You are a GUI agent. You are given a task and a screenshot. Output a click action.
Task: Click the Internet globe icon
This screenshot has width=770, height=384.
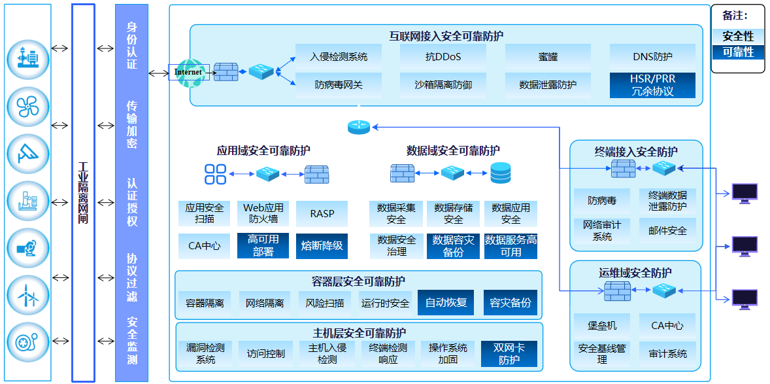(188, 71)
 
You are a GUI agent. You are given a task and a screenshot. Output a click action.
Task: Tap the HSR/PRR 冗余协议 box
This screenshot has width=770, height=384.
(652, 85)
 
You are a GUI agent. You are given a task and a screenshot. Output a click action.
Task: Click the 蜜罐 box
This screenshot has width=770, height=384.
(548, 57)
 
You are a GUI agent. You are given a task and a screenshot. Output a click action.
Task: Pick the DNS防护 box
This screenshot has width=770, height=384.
(652, 57)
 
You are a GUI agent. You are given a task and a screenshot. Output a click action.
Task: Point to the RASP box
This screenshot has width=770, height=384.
(322, 214)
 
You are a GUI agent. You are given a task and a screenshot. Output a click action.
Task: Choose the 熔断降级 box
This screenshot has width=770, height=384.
(322, 246)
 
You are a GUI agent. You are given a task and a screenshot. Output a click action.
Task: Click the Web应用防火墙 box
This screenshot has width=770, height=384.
(263, 214)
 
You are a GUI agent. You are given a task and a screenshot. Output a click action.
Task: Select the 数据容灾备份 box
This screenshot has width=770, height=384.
(453, 246)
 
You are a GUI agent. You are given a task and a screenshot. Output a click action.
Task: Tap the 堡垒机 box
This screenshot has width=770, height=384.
(602, 325)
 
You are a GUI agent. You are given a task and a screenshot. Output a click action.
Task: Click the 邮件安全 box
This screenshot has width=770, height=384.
(667, 230)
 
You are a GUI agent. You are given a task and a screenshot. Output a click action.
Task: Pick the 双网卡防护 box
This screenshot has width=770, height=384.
(509, 354)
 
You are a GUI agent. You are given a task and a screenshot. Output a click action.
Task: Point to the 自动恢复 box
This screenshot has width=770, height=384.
(446, 303)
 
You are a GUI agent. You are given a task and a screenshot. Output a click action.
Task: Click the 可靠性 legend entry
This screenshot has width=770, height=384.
(738, 52)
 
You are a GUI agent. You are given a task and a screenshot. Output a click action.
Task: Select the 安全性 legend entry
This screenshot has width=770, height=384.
(738, 36)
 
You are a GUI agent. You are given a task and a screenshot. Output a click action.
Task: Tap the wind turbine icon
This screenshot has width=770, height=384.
(28, 296)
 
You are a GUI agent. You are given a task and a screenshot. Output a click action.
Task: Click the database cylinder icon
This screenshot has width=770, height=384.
(501, 173)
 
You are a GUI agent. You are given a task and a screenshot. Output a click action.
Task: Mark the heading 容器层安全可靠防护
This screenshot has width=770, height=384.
(358, 282)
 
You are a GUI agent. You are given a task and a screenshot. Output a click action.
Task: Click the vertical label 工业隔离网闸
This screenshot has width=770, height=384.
(83, 193)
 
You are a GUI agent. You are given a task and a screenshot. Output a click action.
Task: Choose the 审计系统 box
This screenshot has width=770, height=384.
(667, 354)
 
